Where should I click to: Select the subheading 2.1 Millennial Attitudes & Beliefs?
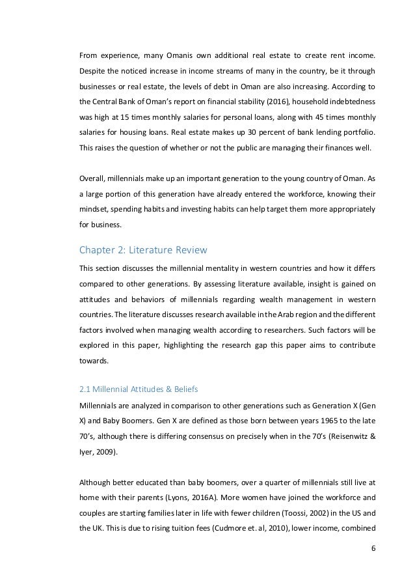pyautogui.click(x=139, y=390)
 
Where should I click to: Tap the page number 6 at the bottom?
pyautogui.click(x=371, y=567)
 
